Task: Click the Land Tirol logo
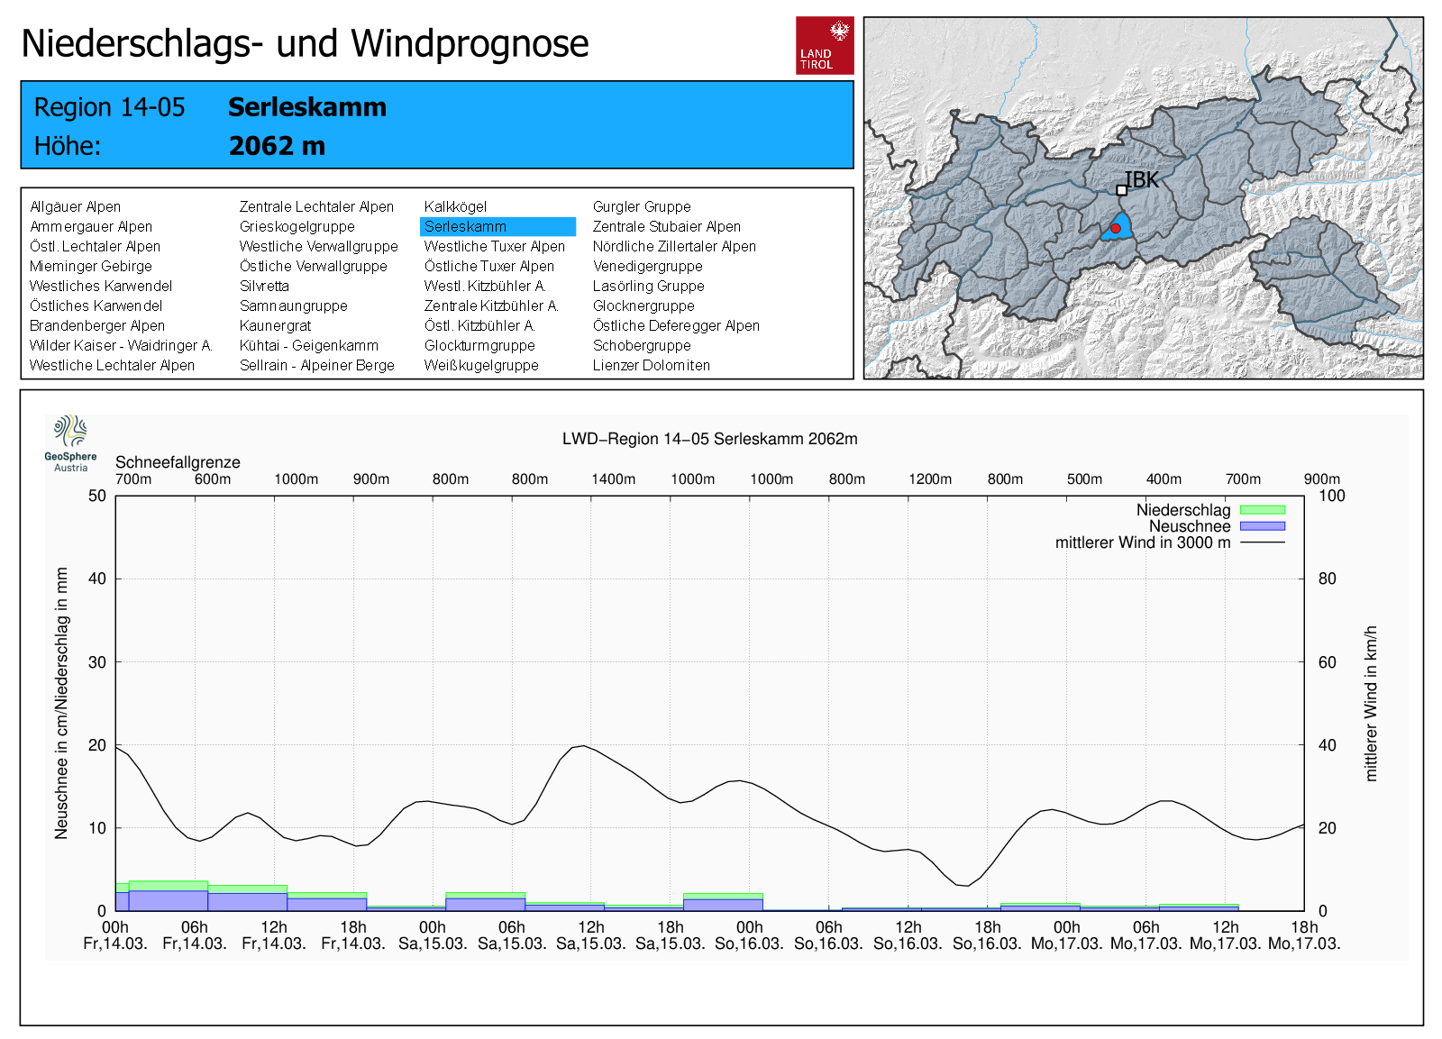tap(824, 45)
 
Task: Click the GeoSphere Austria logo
tap(70, 442)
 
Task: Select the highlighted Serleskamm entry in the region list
tap(497, 227)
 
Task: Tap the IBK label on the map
tap(1142, 180)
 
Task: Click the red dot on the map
tap(1116, 229)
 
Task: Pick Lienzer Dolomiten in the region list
tap(651, 366)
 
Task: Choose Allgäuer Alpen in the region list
tap(75, 207)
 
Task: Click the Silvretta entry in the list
tap(264, 287)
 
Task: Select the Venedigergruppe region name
tap(647, 267)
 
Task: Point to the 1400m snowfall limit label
tap(613, 479)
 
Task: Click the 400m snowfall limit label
tap(1164, 479)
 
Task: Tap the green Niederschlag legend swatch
tap(1262, 510)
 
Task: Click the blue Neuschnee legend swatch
tap(1262, 526)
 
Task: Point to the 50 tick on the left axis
tap(97, 496)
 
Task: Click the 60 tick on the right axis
tap(1327, 662)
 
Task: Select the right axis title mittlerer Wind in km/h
tap(1371, 703)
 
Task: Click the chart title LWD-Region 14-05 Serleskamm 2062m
tap(709, 439)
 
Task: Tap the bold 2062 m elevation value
tap(277, 146)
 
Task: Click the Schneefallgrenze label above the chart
tap(178, 462)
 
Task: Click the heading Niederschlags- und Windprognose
tap(305, 43)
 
